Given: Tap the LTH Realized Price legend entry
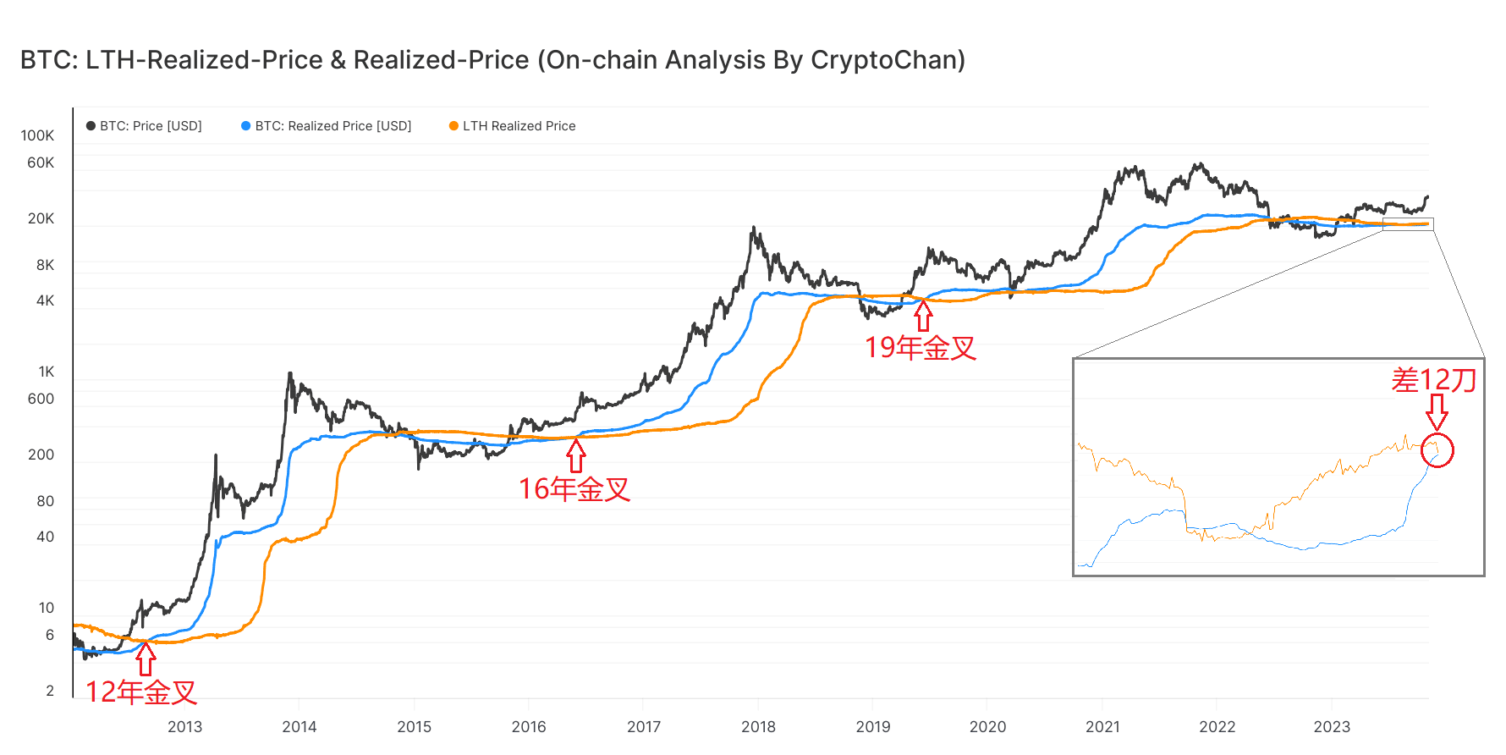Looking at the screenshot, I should point(513,126).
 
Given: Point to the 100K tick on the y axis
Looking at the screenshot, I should point(37,135).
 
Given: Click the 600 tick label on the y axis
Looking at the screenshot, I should point(41,399).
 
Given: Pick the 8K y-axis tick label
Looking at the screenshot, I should point(45,265).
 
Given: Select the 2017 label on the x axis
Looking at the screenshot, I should point(644,726).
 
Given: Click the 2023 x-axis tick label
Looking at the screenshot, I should point(1332,726).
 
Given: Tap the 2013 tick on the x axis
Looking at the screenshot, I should point(184,726).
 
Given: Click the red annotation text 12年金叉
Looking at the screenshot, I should point(141,692).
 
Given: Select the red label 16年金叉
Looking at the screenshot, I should point(574,489).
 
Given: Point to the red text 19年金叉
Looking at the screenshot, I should point(921,348).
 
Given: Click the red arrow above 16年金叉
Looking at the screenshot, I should point(576,456).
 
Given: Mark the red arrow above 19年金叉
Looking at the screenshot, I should point(923,316).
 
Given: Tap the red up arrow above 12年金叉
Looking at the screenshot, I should point(146,659).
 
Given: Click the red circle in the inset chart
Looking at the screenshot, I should point(1437,450).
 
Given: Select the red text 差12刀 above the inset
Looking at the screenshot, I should point(1434,380).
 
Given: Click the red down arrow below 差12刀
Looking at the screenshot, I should point(1437,412).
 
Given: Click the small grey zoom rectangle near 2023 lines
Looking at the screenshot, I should point(1408,224).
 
